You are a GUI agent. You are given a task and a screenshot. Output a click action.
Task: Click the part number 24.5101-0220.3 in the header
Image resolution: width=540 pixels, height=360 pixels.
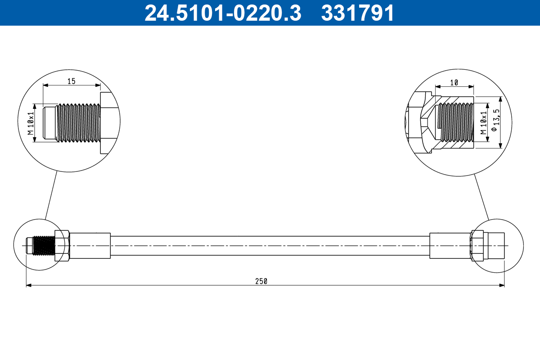point(222,13)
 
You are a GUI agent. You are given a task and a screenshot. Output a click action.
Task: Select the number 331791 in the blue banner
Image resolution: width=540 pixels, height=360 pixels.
point(357,13)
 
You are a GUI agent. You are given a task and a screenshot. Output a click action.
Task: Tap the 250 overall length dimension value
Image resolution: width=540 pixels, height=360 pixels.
point(261,281)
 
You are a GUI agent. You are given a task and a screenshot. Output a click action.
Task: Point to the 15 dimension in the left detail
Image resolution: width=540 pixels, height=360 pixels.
point(71,81)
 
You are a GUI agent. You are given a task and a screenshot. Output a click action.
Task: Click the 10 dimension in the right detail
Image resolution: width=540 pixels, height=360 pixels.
point(454,82)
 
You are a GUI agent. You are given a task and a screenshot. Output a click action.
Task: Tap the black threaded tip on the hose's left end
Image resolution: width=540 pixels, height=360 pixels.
point(44,246)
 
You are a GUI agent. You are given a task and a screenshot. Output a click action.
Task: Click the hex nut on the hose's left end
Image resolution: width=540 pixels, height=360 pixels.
point(62,246)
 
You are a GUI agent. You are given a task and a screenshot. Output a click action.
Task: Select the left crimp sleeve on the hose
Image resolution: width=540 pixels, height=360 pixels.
point(90,246)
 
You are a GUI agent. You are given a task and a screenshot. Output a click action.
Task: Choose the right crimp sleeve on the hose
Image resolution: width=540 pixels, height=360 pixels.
point(450,246)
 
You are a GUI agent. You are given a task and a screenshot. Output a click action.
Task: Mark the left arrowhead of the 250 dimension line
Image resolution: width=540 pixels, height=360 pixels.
point(29,285)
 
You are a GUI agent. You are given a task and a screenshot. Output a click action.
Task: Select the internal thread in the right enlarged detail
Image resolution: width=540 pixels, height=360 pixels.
point(456,122)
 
